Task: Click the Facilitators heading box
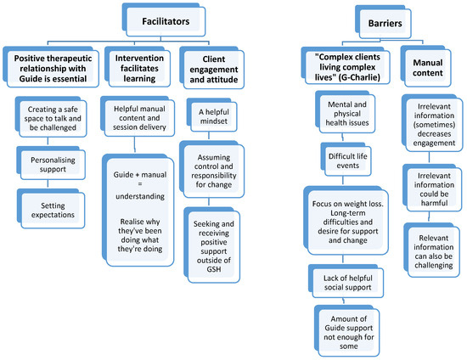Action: tap(164, 20)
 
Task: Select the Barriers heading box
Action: tap(383, 22)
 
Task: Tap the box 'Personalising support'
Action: tap(51, 163)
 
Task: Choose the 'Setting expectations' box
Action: tap(51, 209)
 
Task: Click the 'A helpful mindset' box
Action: tap(212, 115)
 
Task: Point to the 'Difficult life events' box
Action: tap(346, 160)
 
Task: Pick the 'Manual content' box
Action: tap(426, 66)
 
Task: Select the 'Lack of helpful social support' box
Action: tap(346, 281)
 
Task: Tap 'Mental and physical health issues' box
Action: tap(346, 112)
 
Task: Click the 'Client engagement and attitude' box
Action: tap(212, 68)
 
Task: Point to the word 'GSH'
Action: tap(214, 269)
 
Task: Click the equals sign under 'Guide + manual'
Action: tap(140, 183)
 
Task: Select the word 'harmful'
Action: tap(434, 203)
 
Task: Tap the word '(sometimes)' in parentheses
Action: tap(434, 125)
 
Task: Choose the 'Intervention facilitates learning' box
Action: tap(138, 67)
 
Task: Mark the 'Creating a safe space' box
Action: tap(51, 116)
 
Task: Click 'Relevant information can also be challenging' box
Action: tap(432, 250)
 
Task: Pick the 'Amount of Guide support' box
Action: tap(347, 331)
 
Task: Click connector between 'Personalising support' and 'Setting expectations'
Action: tap(48, 184)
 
